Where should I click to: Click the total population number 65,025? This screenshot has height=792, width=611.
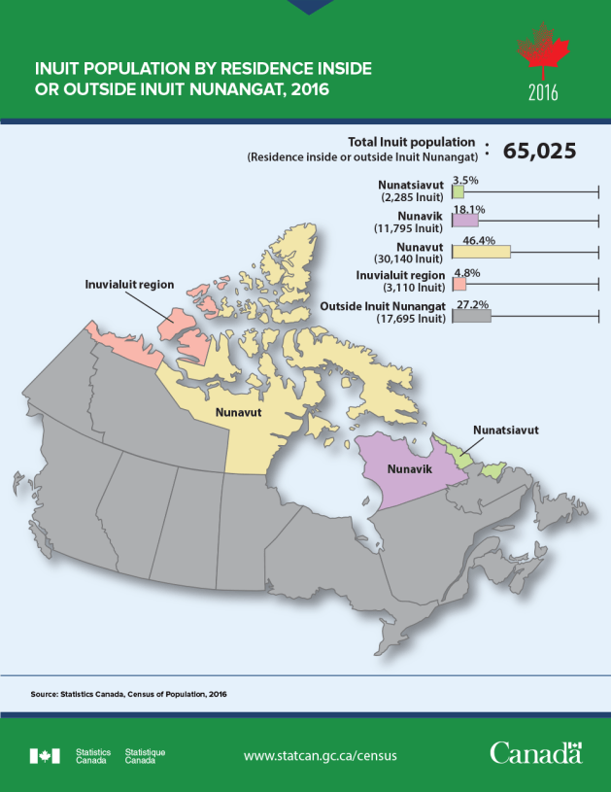[539, 151]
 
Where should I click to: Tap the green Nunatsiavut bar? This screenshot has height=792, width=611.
[458, 192]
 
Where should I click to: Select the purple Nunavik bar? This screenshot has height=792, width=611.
[465, 221]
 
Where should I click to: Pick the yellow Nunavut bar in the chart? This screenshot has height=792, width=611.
[481, 251]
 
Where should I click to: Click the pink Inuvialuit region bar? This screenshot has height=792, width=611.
[458, 284]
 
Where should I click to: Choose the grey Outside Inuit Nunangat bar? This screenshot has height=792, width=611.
[471, 315]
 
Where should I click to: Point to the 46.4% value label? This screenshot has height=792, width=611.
[480, 239]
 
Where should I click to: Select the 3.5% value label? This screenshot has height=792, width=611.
[465, 180]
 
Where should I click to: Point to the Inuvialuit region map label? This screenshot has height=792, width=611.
[127, 285]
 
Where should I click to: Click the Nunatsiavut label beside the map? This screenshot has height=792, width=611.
[505, 429]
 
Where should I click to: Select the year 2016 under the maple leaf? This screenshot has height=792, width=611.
[543, 94]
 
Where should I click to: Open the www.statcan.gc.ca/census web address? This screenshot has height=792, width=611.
[320, 755]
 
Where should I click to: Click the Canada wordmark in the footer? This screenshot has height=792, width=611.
[535, 753]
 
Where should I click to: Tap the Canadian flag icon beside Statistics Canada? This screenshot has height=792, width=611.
[46, 755]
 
